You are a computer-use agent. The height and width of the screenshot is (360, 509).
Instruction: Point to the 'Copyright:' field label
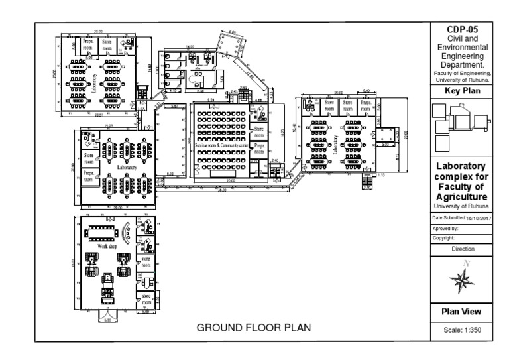[x=443, y=237]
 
